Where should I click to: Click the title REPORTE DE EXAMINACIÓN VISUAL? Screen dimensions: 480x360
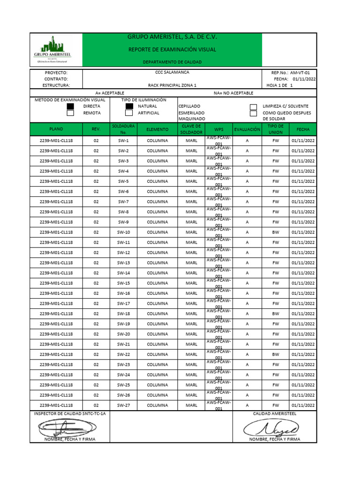tap(172, 49)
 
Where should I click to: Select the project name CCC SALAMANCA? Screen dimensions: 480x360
tap(172, 73)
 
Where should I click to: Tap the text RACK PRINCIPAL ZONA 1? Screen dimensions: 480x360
tap(172, 86)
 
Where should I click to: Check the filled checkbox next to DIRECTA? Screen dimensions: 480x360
tap(70, 106)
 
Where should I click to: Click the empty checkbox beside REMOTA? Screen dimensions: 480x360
tap(70, 113)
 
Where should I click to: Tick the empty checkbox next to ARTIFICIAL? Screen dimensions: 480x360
tap(129, 113)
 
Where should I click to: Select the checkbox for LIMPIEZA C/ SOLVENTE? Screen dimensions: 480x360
tap(253, 106)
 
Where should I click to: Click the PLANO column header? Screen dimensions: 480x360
tap(56, 129)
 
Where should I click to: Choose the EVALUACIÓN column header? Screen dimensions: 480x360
tap(247, 129)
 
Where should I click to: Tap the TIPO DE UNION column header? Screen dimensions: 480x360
tap(275, 129)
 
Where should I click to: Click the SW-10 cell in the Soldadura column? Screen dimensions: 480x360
tap(123, 232)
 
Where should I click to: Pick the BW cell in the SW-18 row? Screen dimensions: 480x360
tap(275, 314)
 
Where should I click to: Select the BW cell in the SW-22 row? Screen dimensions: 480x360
tap(275, 354)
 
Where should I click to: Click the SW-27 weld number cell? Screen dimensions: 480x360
tap(123, 405)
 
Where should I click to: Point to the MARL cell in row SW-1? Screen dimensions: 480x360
tap(191, 141)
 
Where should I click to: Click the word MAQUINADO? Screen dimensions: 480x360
tap(192, 120)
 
